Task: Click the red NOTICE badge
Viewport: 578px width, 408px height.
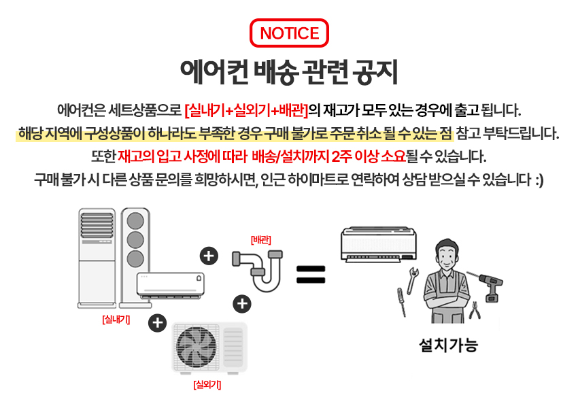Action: pos(289,33)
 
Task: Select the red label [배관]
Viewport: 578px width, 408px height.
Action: pos(261,239)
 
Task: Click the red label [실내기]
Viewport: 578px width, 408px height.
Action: pos(116,318)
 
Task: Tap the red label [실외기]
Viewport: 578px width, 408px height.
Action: pos(207,385)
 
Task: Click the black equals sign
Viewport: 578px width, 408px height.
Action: pos(311,274)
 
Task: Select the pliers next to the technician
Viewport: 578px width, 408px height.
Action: pos(475,311)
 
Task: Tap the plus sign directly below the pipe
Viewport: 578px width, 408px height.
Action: pos(242,303)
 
